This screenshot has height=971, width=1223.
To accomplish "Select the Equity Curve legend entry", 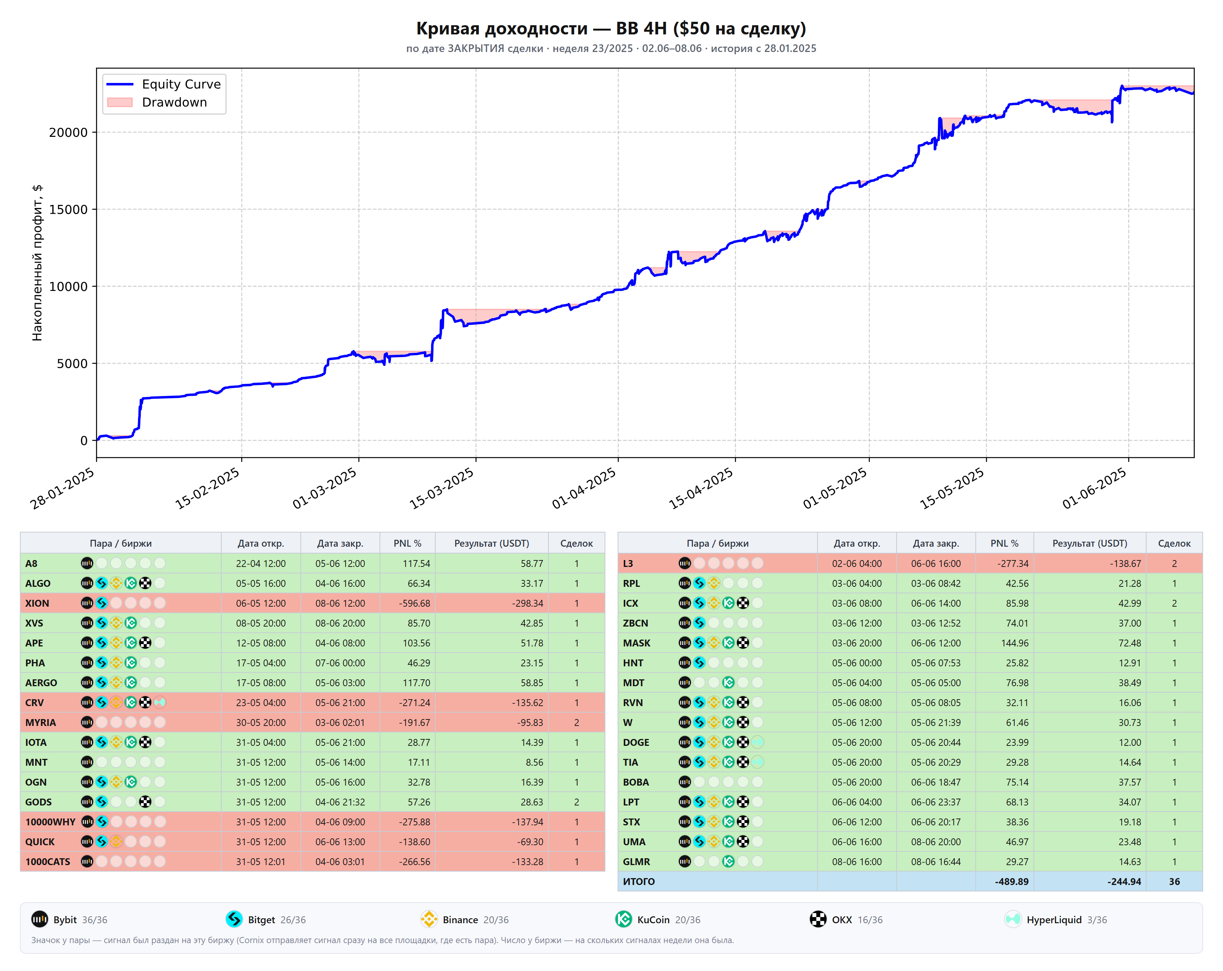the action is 164,84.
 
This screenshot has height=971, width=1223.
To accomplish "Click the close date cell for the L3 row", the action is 936,563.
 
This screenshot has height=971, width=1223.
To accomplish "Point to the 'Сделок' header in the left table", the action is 576,543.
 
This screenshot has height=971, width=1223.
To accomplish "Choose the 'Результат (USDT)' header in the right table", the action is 1089,543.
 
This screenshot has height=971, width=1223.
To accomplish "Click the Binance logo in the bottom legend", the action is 429,919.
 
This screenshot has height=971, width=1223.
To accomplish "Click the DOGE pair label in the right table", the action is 636,742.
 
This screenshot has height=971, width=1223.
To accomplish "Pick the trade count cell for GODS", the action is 576,802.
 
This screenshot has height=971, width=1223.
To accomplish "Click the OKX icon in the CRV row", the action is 145,703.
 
